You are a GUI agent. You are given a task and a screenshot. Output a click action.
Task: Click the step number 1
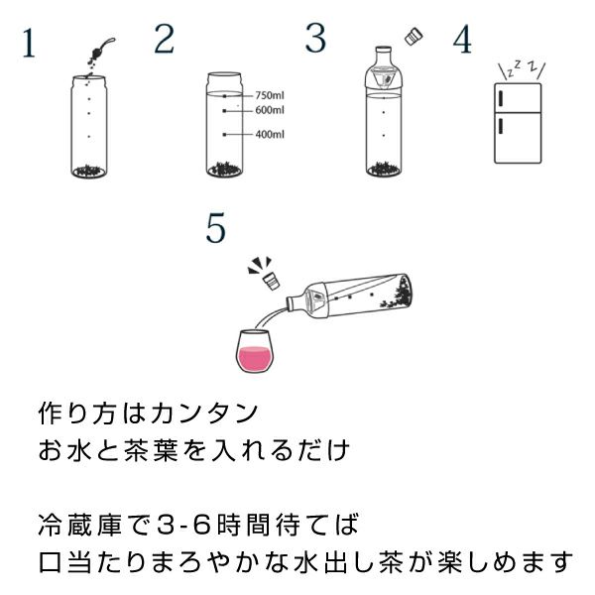[29, 43]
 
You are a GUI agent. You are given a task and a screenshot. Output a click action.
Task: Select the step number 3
[315, 38]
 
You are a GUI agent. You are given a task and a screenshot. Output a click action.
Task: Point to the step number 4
[462, 39]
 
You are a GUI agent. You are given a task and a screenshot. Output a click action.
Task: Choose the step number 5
[216, 228]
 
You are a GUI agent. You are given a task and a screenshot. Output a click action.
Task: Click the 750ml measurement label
[270, 95]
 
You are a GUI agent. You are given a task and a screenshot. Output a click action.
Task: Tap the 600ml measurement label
[270, 110]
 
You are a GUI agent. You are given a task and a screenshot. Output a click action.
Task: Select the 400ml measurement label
[270, 134]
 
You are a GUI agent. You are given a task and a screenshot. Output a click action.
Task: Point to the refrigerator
[518, 123]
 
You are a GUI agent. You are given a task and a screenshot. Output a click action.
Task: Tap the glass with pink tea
[256, 351]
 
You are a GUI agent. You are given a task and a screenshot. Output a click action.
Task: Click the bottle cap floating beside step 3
[414, 36]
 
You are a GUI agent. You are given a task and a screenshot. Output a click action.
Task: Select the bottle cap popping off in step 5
[272, 282]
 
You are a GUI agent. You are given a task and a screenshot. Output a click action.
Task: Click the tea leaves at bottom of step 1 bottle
[89, 171]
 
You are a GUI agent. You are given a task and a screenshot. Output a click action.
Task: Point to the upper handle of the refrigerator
[500, 98]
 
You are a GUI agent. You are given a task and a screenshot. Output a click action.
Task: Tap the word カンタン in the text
[204, 414]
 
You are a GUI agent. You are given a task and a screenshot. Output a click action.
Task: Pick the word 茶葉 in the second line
[151, 450]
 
